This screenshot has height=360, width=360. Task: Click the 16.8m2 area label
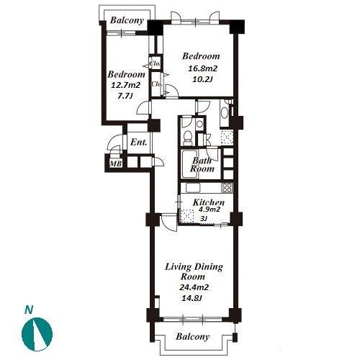[202, 69]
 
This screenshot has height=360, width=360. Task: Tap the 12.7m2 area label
[126, 85]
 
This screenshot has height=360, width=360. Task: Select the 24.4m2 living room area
[194, 287]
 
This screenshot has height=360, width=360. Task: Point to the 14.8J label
[192, 298]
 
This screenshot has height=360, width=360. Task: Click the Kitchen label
[209, 202]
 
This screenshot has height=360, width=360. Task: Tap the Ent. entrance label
[138, 143]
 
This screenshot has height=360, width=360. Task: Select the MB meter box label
[116, 163]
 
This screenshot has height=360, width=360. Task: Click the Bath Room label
[202, 165]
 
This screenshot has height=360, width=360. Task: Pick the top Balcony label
[127, 20]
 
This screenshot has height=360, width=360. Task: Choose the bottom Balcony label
[193, 336]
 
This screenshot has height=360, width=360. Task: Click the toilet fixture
[187, 138]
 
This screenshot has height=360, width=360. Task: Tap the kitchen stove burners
[227, 187]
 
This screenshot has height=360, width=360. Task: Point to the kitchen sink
[193, 188]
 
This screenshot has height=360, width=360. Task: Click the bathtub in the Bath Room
[189, 164]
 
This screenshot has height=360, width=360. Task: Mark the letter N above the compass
[29, 310]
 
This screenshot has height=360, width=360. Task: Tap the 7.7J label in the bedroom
[125, 96]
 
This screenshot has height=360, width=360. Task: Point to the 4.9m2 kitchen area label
[209, 210]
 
